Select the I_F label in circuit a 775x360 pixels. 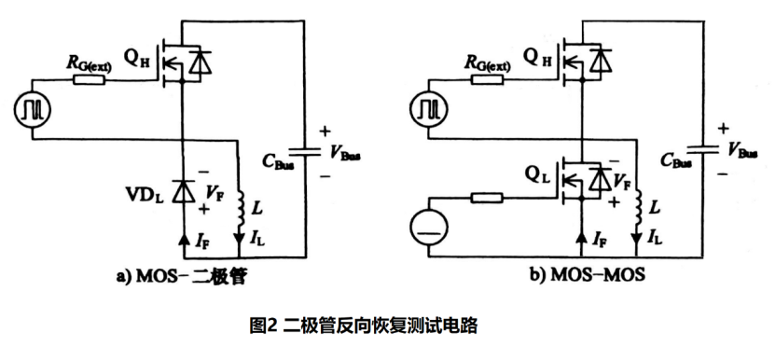point(202,242)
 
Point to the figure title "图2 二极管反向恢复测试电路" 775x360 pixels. point(365,325)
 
